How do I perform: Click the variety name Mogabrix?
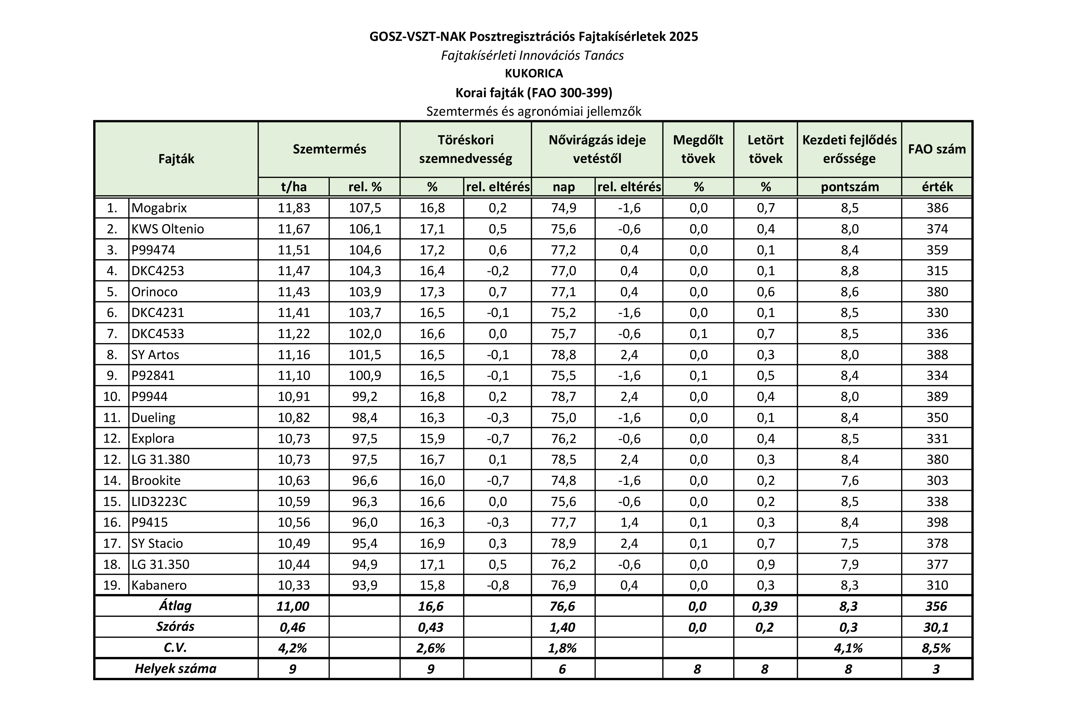[159, 208]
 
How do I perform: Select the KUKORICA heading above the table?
[534, 74]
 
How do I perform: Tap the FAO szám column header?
[937, 149]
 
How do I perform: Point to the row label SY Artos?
[155, 355]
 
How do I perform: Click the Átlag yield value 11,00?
[293, 606]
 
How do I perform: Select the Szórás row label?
[176, 627]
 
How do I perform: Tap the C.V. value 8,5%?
[936, 648]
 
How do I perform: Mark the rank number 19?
[112, 586]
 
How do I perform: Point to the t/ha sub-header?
[294, 187]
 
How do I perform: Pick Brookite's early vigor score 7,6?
[849, 480]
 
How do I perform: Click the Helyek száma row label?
[176, 669]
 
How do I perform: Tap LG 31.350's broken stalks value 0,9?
[766, 564]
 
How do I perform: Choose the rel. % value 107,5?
[365, 208]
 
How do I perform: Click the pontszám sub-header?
[850, 187]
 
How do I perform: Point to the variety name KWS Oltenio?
[167, 229]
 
